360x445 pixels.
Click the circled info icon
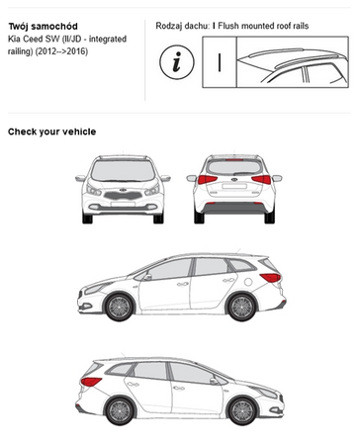176,62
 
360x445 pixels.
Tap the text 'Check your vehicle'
51,132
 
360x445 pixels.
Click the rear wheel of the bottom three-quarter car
119,409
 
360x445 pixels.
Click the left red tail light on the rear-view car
205,179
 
